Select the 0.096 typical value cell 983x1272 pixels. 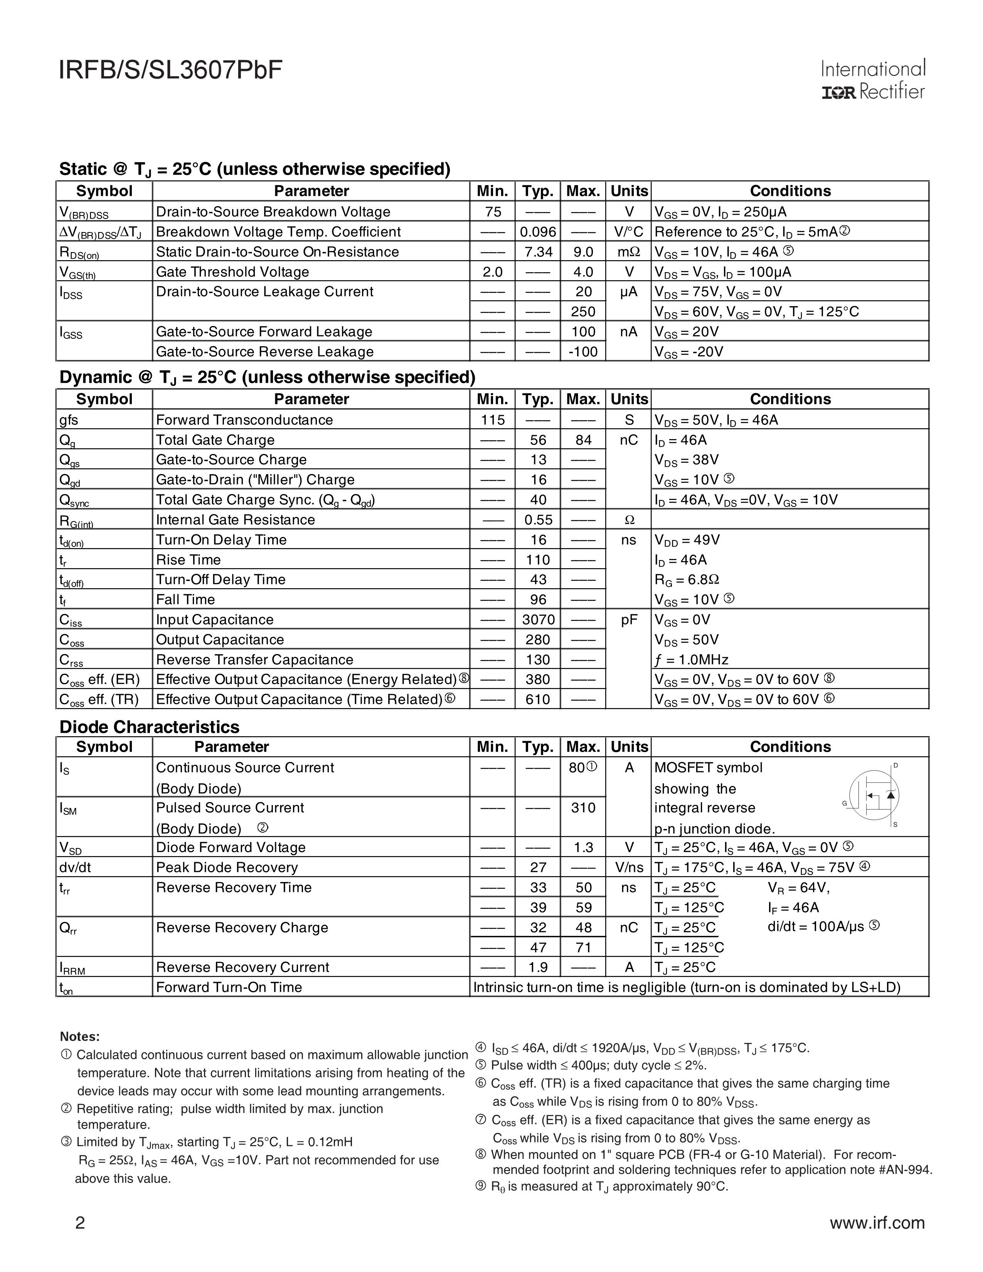pyautogui.click(x=537, y=232)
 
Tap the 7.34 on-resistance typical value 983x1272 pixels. pyautogui.click(x=537, y=252)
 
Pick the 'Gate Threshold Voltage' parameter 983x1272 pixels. pyautogui.click(x=232, y=272)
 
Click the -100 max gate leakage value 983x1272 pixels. pyautogui.click(x=583, y=352)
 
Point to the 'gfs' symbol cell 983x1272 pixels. pyautogui.click(x=69, y=420)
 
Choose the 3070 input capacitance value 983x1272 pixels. pyautogui.click(x=537, y=620)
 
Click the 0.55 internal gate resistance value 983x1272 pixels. pyautogui.click(x=537, y=520)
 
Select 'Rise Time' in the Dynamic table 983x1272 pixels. pyautogui.click(x=188, y=560)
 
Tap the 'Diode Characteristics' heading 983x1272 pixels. pyautogui.click(x=149, y=727)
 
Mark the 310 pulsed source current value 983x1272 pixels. pyautogui.click(x=583, y=808)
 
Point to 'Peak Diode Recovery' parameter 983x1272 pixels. pyautogui.click(x=227, y=867)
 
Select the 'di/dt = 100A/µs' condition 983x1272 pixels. pyautogui.click(x=822, y=927)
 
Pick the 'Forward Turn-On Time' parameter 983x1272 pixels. pyautogui.click(x=229, y=987)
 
